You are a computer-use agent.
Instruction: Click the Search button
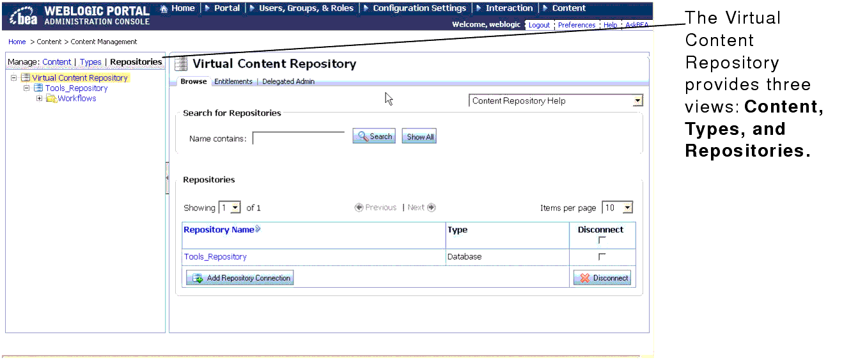pos(374,136)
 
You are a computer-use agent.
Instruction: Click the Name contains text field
pos(299,138)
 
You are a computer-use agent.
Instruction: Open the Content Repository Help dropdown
pos(637,101)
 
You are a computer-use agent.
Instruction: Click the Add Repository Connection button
pos(240,278)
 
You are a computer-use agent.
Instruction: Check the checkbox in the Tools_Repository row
pos(601,256)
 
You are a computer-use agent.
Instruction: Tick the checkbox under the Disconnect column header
pos(601,240)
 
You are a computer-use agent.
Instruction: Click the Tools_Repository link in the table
pos(215,256)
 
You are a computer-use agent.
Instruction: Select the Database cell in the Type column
pos(465,256)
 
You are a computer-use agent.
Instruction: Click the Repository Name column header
pos(219,230)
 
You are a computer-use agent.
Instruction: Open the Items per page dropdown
pos(627,208)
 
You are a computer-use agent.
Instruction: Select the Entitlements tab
pos(233,81)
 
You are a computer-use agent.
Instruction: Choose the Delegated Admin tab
pos(288,81)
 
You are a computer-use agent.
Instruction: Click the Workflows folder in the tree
pos(77,98)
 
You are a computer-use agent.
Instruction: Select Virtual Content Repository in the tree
pos(80,78)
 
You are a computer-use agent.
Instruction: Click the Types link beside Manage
pos(91,62)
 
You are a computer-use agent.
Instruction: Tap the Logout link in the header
pos(539,25)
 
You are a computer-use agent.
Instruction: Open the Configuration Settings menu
pos(419,8)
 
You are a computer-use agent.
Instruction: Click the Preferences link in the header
pos(576,25)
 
